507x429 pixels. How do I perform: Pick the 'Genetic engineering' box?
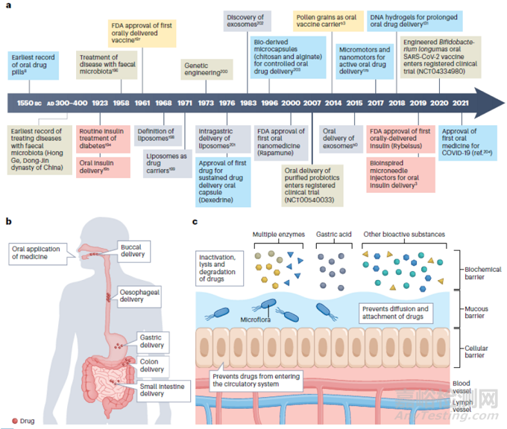(201, 70)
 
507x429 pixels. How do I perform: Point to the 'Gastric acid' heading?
(333, 234)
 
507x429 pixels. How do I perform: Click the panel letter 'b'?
(8, 221)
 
